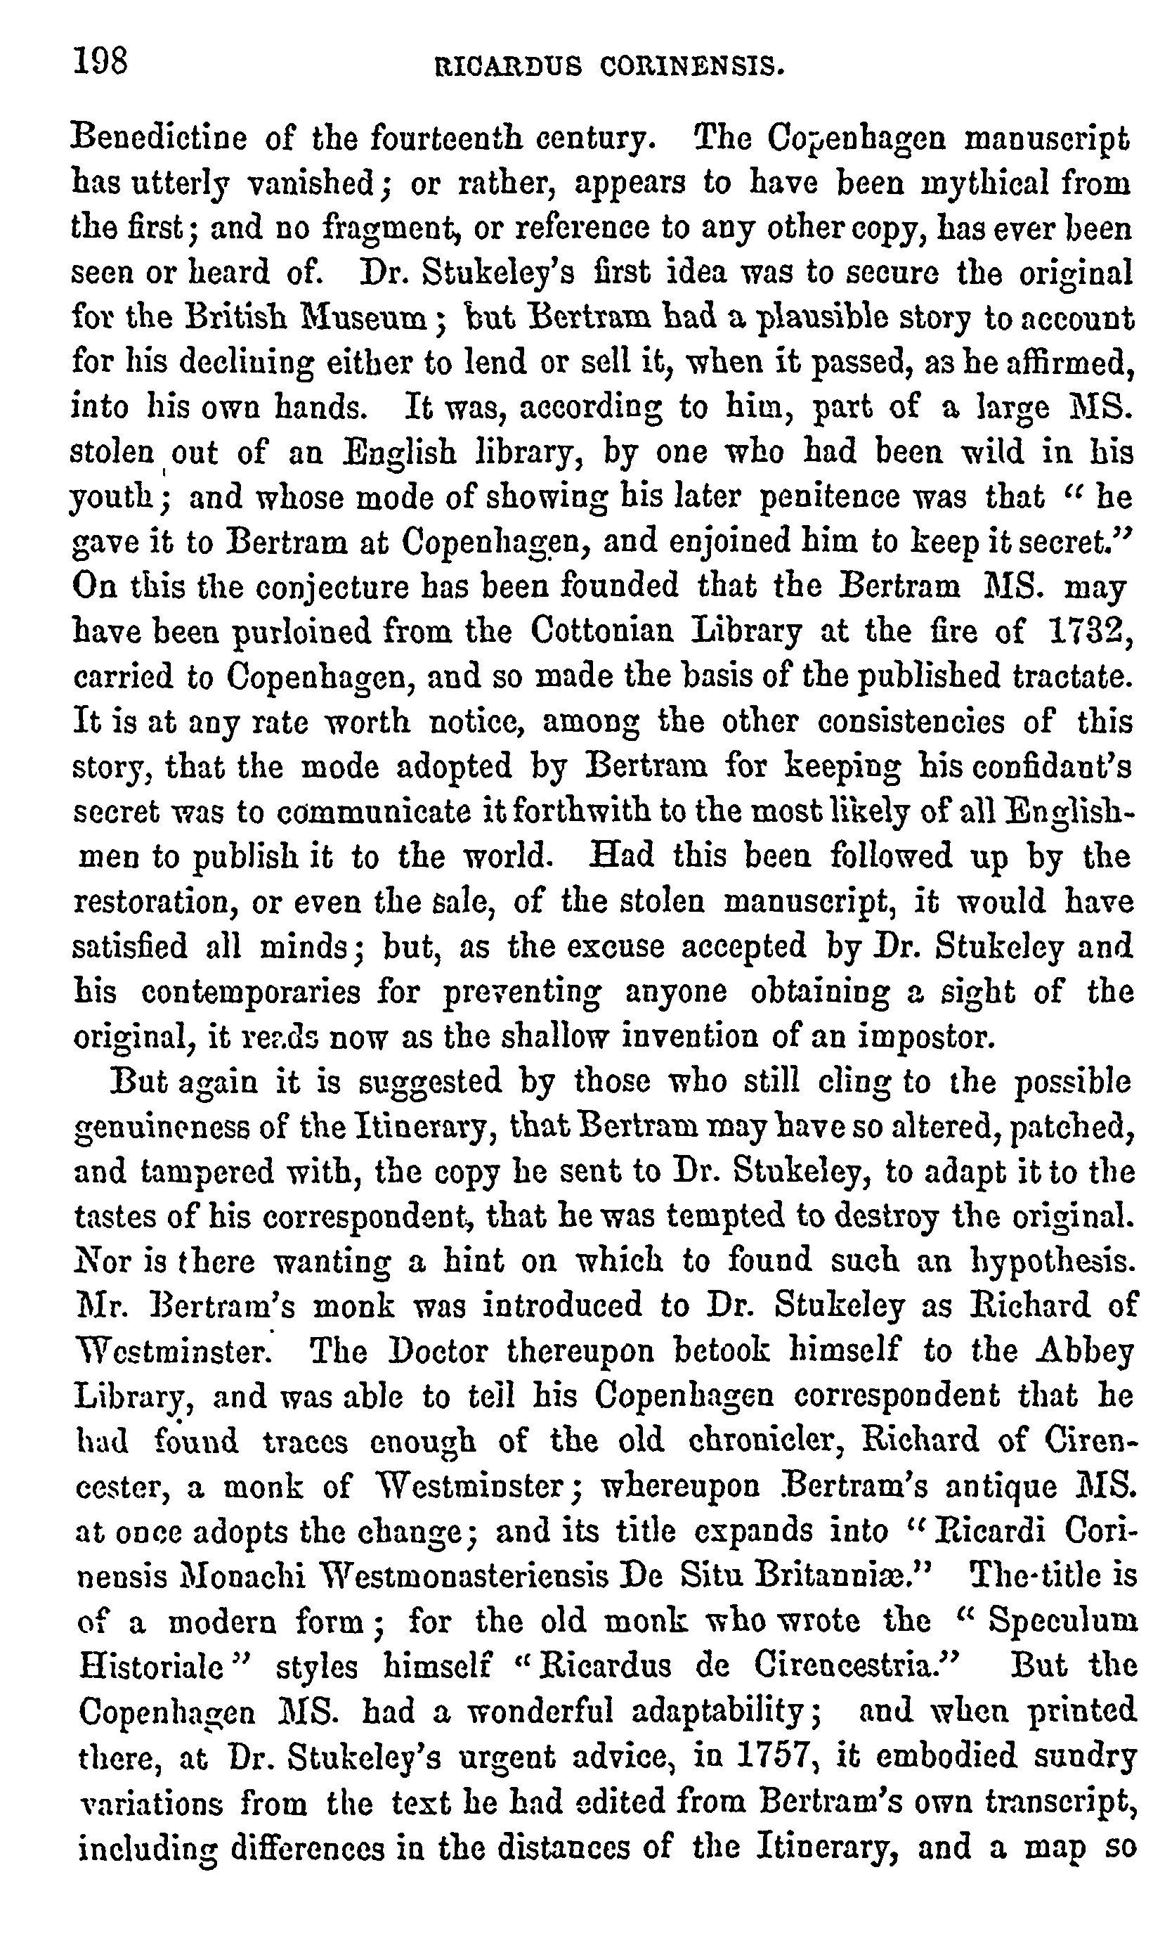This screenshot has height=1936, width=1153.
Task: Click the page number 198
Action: coord(100,60)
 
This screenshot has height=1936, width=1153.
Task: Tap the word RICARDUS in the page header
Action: coord(508,67)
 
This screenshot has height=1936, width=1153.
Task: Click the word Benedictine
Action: coord(159,139)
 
